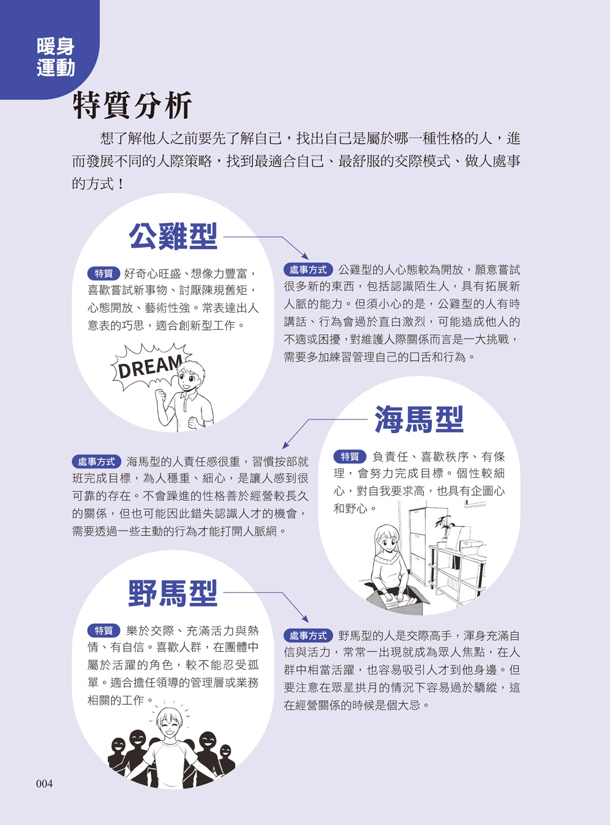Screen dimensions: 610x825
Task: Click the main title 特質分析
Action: click(132, 106)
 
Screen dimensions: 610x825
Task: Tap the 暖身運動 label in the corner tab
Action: click(56, 57)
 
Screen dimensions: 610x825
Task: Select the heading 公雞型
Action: click(173, 237)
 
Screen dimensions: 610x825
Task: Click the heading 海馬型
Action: click(419, 420)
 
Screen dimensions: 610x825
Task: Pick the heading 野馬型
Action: click(173, 593)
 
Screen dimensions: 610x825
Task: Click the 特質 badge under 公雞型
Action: click(104, 274)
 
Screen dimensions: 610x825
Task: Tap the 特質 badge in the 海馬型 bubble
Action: click(350, 457)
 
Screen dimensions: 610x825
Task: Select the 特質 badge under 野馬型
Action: click(104, 630)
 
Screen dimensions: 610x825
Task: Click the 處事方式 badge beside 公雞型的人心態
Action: click(308, 270)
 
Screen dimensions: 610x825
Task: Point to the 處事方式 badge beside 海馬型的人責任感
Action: click(96, 462)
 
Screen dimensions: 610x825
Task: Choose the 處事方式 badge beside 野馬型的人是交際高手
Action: click(308, 635)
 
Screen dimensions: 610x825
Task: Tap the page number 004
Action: click(45, 784)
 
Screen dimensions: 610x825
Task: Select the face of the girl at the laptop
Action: click(387, 540)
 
